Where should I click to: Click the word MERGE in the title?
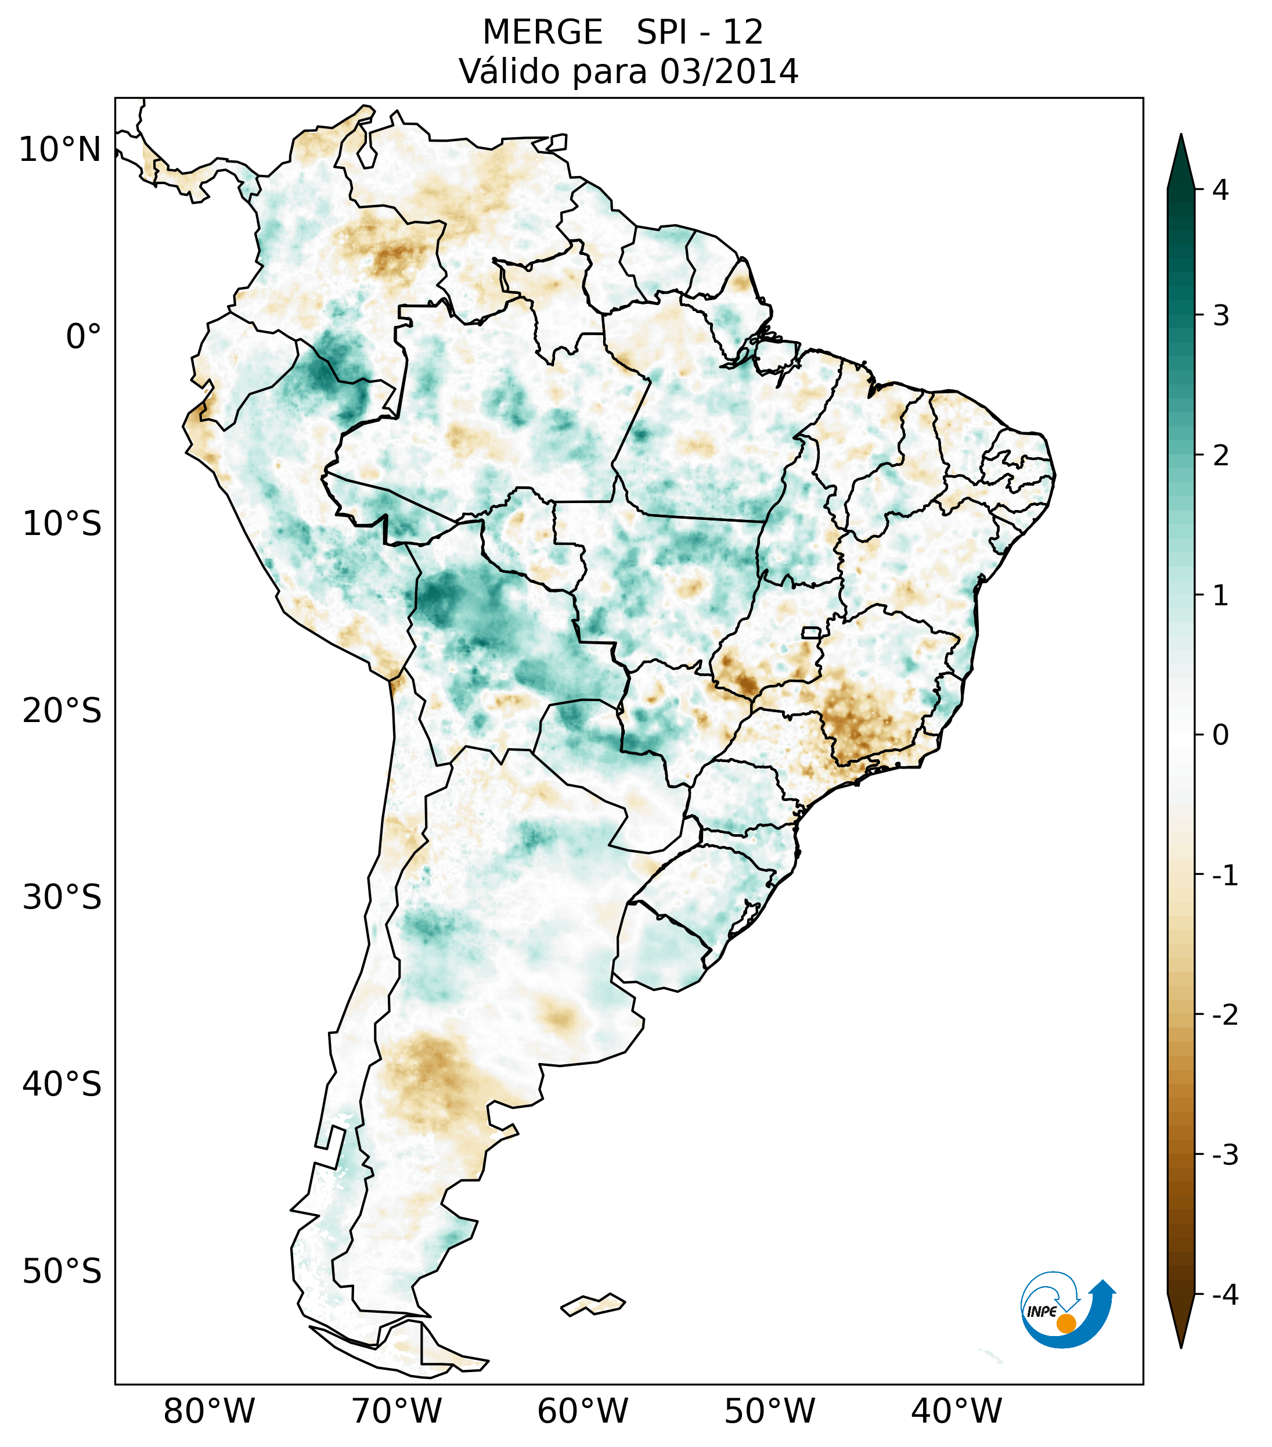coord(543,33)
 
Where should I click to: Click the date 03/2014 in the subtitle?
coord(729,71)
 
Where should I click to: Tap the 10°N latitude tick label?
coord(60,150)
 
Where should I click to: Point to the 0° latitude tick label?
coord(84,337)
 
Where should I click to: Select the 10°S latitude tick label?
coord(62,525)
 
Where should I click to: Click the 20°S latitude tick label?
coord(62,712)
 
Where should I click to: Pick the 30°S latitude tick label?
coord(62,899)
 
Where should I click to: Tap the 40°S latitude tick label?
coord(62,1085)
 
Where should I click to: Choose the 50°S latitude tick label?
coord(62,1272)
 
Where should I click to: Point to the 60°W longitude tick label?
coord(583,1412)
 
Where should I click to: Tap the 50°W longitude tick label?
coord(770,1412)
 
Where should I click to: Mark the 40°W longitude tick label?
coord(957,1412)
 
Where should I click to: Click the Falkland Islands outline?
coord(593,1304)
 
